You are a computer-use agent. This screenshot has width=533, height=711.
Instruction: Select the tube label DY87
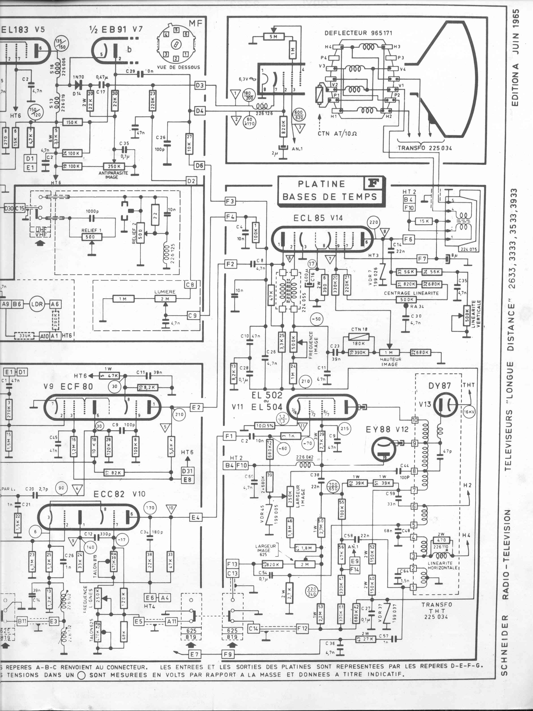coord(440,385)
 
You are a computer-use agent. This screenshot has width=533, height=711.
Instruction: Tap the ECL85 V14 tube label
coord(318,218)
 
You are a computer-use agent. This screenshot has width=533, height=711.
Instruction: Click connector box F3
coord(230,202)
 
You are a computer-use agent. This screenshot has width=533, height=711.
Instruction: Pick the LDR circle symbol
coord(37,304)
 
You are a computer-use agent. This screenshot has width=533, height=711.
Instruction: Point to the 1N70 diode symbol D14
coord(77,85)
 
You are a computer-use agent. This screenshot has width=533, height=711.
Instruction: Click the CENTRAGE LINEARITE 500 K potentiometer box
coord(407,299)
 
